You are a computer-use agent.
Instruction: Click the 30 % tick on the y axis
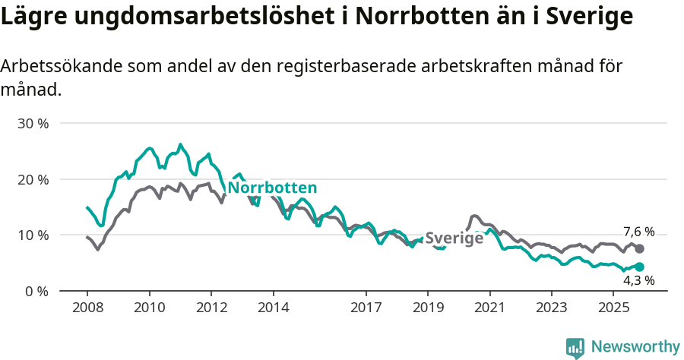pyautogui.click(x=33, y=123)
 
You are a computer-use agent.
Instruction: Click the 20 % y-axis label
pyautogui.click(x=33, y=179)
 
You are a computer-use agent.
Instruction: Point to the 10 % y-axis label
pyautogui.click(x=33, y=235)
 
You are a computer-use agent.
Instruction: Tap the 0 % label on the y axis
pyautogui.click(x=36, y=292)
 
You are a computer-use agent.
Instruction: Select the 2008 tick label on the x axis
pyautogui.click(x=87, y=308)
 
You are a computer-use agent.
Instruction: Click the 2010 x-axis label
pyautogui.click(x=149, y=308)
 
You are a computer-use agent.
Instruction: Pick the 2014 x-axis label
pyautogui.click(x=273, y=308)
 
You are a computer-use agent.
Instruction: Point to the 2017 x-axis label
pyautogui.click(x=366, y=308)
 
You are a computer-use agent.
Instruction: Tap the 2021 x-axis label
pyautogui.click(x=489, y=308)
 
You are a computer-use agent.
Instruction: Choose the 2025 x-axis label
pyautogui.click(x=613, y=308)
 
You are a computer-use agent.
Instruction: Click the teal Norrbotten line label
pyautogui.click(x=272, y=188)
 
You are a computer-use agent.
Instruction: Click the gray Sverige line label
pyautogui.click(x=454, y=238)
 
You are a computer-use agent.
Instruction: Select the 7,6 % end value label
pyautogui.click(x=638, y=232)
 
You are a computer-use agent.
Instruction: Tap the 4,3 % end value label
pyautogui.click(x=638, y=280)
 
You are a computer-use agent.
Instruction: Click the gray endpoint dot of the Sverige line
pyautogui.click(x=639, y=248)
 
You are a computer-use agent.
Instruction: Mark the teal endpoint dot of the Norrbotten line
pyautogui.click(x=639, y=267)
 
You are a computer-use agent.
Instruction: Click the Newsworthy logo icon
pyautogui.click(x=575, y=348)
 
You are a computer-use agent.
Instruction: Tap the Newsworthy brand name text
pyautogui.click(x=635, y=347)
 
